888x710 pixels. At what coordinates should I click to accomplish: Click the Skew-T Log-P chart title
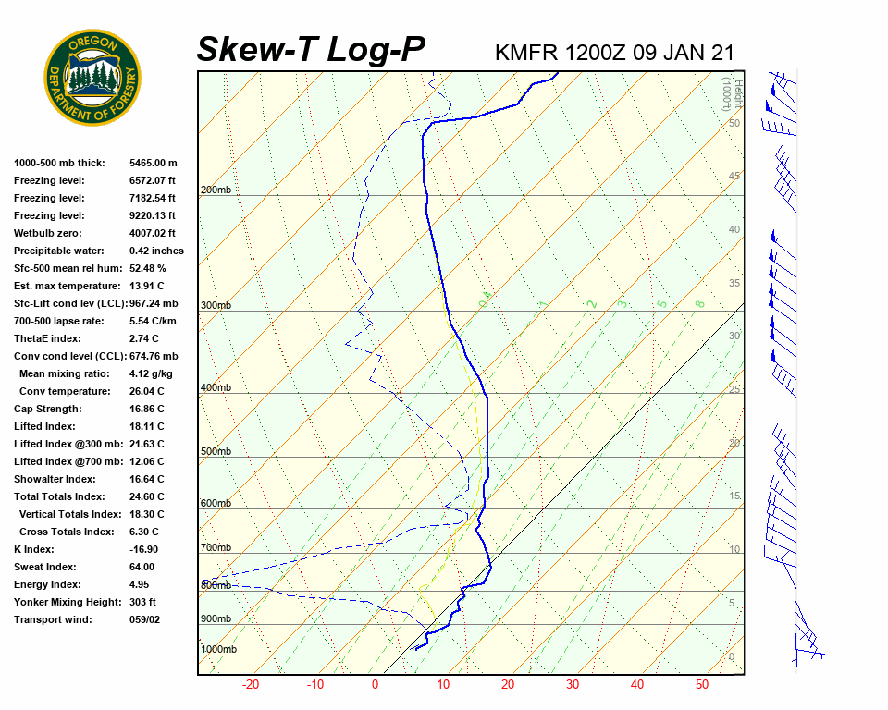(x=311, y=50)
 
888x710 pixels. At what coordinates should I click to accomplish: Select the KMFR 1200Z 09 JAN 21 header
(x=614, y=53)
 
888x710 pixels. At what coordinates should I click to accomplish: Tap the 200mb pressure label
(x=216, y=190)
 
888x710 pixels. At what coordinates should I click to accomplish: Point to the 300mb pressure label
(x=216, y=305)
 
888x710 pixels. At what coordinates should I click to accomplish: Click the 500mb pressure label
(x=216, y=451)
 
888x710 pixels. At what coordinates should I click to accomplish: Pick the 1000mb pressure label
(x=218, y=649)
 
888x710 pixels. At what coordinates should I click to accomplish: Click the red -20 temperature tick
(x=250, y=685)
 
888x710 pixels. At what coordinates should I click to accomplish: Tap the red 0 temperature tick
(x=376, y=685)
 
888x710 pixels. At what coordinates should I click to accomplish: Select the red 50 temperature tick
(x=702, y=685)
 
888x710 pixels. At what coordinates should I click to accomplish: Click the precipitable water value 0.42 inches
(x=156, y=251)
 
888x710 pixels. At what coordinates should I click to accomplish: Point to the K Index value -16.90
(x=145, y=549)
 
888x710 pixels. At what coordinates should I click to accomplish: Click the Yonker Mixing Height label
(x=67, y=602)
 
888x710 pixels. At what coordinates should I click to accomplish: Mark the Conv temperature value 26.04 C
(x=146, y=391)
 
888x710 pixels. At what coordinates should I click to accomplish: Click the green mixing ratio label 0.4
(x=484, y=300)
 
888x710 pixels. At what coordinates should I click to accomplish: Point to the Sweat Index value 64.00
(x=142, y=567)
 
